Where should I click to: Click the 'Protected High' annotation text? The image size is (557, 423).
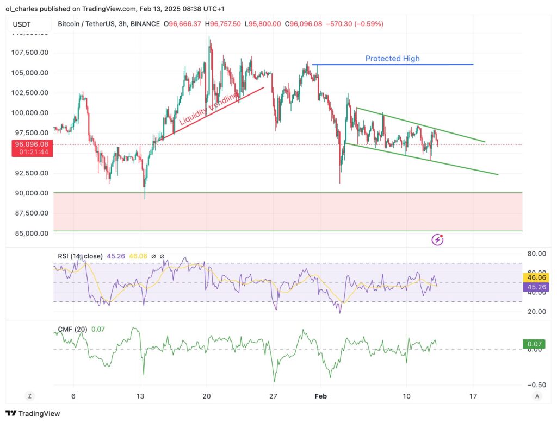(x=392, y=59)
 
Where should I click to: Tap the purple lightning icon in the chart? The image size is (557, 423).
(x=437, y=239)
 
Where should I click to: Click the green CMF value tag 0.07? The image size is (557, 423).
(x=535, y=344)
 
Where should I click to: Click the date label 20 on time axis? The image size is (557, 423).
(x=207, y=396)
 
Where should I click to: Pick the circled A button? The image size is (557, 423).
(x=537, y=396)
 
